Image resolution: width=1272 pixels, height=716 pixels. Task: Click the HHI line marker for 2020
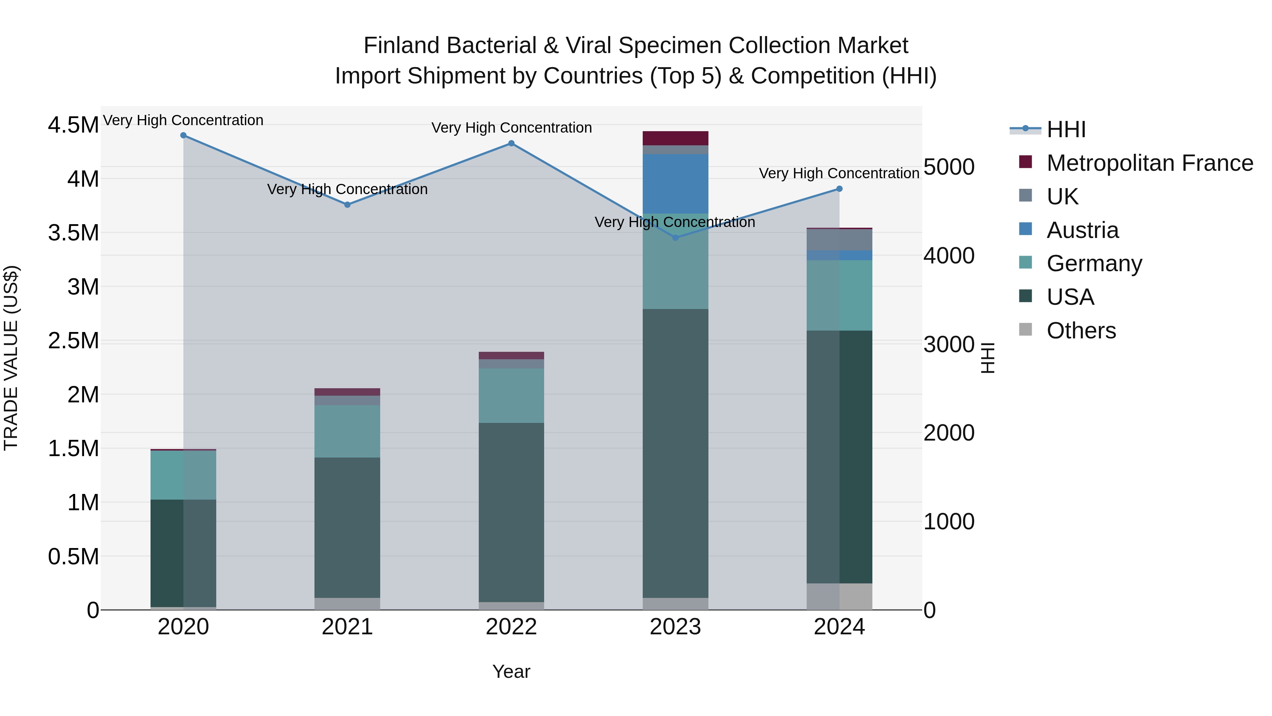(183, 135)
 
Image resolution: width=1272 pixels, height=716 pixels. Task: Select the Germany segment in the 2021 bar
(347, 431)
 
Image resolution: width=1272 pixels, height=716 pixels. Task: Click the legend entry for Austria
(1082, 230)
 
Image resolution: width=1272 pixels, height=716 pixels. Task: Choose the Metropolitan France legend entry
(1149, 163)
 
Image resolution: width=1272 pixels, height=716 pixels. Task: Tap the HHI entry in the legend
(1066, 129)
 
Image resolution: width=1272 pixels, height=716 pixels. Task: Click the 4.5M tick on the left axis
(73, 125)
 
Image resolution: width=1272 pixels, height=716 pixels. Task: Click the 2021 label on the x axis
(347, 627)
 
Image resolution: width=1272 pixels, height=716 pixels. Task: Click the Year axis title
(511, 671)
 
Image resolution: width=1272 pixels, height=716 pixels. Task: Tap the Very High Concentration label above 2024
(839, 174)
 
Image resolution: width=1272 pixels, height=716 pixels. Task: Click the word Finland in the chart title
(400, 46)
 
